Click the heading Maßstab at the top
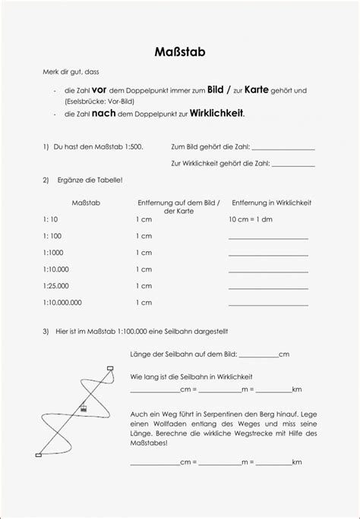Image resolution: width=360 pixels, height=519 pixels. click(x=179, y=54)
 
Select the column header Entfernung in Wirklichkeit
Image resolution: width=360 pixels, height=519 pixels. click(x=271, y=203)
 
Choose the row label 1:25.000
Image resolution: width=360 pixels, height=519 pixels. click(x=56, y=285)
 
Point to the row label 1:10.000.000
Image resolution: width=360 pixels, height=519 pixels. click(x=62, y=302)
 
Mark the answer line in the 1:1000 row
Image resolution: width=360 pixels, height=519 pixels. click(x=268, y=254)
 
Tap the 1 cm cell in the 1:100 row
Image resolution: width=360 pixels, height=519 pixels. click(x=144, y=235)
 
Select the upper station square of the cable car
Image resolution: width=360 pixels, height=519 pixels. click(x=111, y=368)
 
